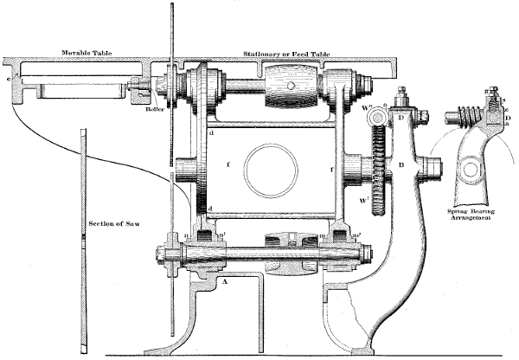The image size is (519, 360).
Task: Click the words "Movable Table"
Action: click(83, 54)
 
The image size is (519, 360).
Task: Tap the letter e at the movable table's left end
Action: click(10, 77)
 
